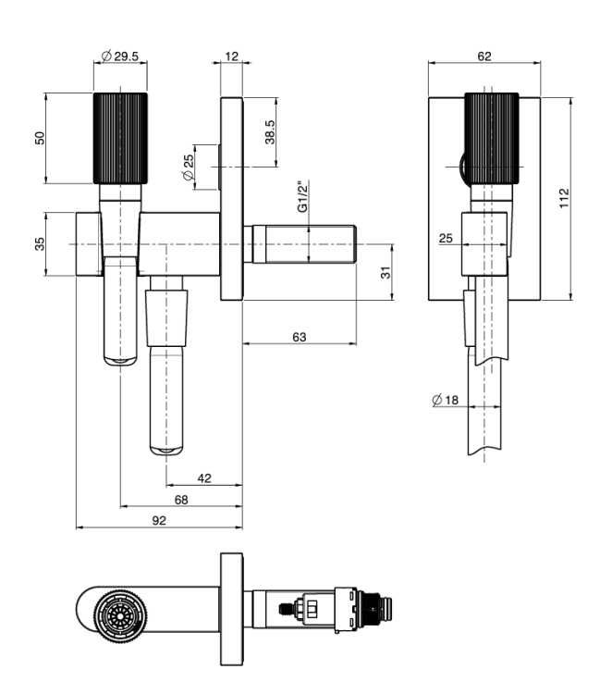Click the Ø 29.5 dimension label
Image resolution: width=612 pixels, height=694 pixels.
(120, 56)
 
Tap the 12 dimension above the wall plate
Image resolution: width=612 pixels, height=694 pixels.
(232, 56)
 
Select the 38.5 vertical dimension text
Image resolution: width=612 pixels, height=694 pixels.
(270, 132)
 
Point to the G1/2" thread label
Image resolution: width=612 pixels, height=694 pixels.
(302, 196)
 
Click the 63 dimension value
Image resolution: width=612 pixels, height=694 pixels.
(300, 337)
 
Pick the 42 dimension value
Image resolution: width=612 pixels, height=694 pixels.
(204, 478)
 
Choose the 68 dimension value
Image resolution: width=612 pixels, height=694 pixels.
(181, 500)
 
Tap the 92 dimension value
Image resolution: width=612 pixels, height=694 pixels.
(159, 520)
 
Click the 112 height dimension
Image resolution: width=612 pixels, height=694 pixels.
(564, 198)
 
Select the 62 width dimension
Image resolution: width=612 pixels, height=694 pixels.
(484, 56)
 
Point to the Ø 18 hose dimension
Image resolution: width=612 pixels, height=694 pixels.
(445, 400)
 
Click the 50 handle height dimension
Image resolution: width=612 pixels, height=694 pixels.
(40, 138)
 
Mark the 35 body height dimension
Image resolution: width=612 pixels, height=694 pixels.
(40, 244)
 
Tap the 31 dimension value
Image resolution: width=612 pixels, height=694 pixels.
(386, 272)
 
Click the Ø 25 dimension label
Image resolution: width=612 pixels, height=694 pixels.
(188, 167)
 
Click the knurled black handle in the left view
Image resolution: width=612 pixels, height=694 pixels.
(120, 138)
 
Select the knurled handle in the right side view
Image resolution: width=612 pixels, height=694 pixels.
(491, 138)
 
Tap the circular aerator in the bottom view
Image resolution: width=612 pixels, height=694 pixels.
(120, 615)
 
